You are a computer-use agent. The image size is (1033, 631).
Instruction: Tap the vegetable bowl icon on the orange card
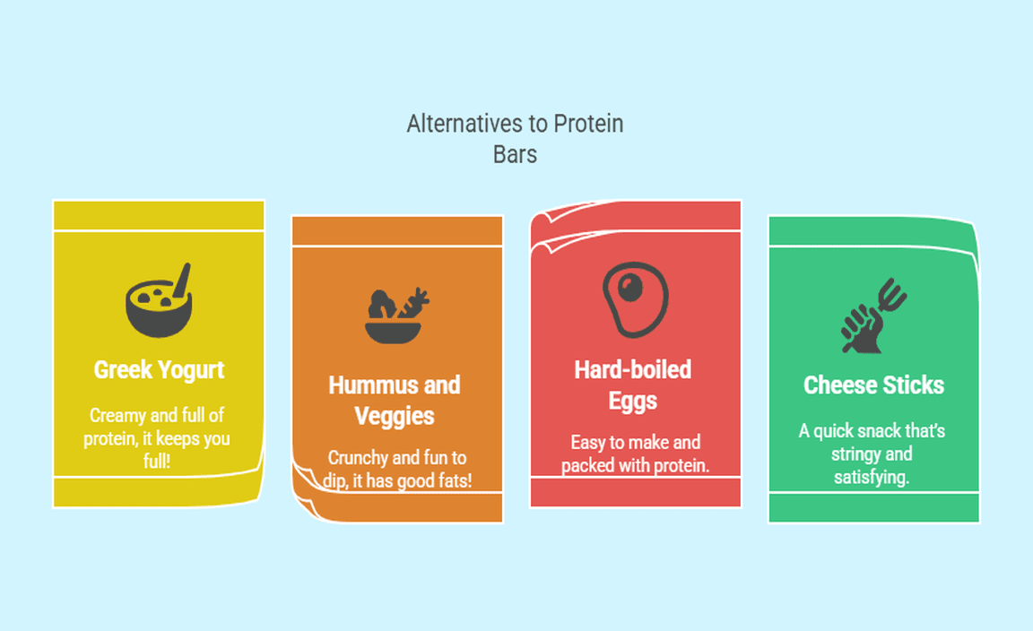tap(396, 315)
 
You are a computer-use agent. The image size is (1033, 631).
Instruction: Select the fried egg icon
tap(635, 299)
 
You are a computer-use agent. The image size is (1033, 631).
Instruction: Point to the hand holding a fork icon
tap(873, 315)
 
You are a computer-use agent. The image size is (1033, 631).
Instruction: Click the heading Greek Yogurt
tap(159, 370)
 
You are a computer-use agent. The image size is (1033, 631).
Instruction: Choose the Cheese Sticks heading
tap(873, 385)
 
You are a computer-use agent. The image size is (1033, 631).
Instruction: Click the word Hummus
tap(374, 385)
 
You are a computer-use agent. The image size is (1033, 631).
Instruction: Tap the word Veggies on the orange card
tap(394, 416)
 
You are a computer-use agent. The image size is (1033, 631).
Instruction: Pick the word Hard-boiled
tap(632, 370)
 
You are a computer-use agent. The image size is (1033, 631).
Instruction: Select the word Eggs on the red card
tap(632, 402)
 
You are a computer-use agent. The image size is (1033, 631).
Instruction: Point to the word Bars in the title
tap(516, 155)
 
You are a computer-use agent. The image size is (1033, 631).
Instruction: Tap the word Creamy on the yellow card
tap(117, 416)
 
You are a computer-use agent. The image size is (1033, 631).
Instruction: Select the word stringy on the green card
tap(854, 454)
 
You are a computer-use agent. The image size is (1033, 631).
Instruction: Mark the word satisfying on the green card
tap(871, 477)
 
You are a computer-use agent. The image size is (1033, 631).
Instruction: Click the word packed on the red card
tap(588, 466)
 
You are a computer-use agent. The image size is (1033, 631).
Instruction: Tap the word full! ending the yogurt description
tap(157, 461)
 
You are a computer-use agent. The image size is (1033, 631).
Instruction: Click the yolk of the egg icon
tap(629, 287)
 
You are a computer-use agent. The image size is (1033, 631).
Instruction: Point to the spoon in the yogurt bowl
tap(182, 279)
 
